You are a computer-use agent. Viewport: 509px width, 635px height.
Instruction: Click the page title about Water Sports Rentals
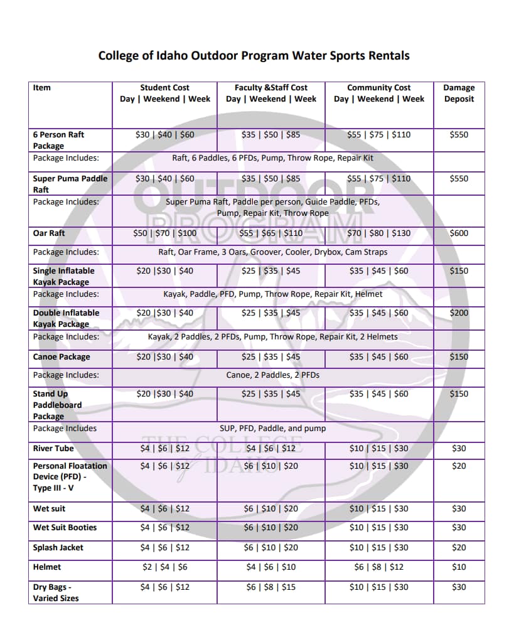tap(254, 56)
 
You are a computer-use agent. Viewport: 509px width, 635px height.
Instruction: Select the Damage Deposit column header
tap(459, 93)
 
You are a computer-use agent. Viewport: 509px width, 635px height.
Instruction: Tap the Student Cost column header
tap(165, 93)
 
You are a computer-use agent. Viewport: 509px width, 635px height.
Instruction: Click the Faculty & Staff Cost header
tap(271, 93)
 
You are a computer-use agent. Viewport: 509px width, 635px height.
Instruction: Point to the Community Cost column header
tap(379, 93)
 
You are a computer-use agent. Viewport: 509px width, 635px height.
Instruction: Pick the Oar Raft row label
tap(49, 233)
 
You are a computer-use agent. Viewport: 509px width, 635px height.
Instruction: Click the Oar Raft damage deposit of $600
tap(459, 233)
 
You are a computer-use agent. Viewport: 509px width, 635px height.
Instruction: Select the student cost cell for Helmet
tap(165, 567)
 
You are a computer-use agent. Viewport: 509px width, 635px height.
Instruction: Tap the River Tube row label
tap(53, 449)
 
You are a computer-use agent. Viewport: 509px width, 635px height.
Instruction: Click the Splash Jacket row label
tap(58, 548)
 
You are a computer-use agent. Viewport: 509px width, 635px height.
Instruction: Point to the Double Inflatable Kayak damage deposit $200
tap(459, 313)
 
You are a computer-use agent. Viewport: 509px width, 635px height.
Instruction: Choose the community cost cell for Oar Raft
tap(379, 233)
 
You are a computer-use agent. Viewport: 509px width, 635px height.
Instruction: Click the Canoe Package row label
tap(62, 357)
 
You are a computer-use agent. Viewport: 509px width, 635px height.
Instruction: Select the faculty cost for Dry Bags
tap(271, 587)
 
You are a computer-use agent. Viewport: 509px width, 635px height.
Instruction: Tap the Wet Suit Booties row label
tap(65, 528)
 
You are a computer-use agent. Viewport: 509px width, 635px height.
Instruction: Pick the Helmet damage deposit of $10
tap(459, 567)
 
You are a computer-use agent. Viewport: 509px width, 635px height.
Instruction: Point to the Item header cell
tap(42, 88)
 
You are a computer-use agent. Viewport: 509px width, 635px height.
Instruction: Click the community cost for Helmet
tap(379, 567)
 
